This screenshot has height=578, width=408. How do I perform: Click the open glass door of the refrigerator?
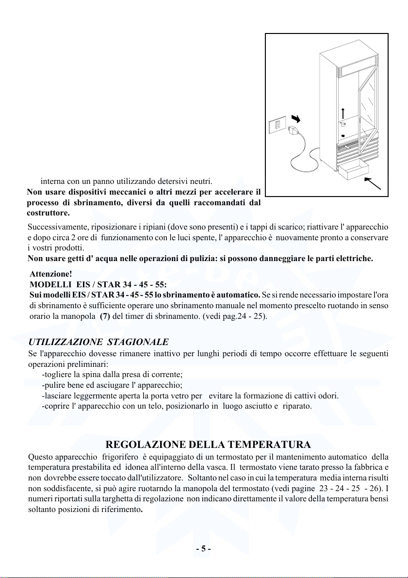[367, 102]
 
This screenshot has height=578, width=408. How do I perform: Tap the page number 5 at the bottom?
[203, 549]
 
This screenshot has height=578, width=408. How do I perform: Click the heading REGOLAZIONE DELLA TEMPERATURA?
[208, 445]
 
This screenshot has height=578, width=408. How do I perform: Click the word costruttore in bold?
[48, 213]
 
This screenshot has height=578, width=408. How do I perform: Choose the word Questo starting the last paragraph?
[41, 457]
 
